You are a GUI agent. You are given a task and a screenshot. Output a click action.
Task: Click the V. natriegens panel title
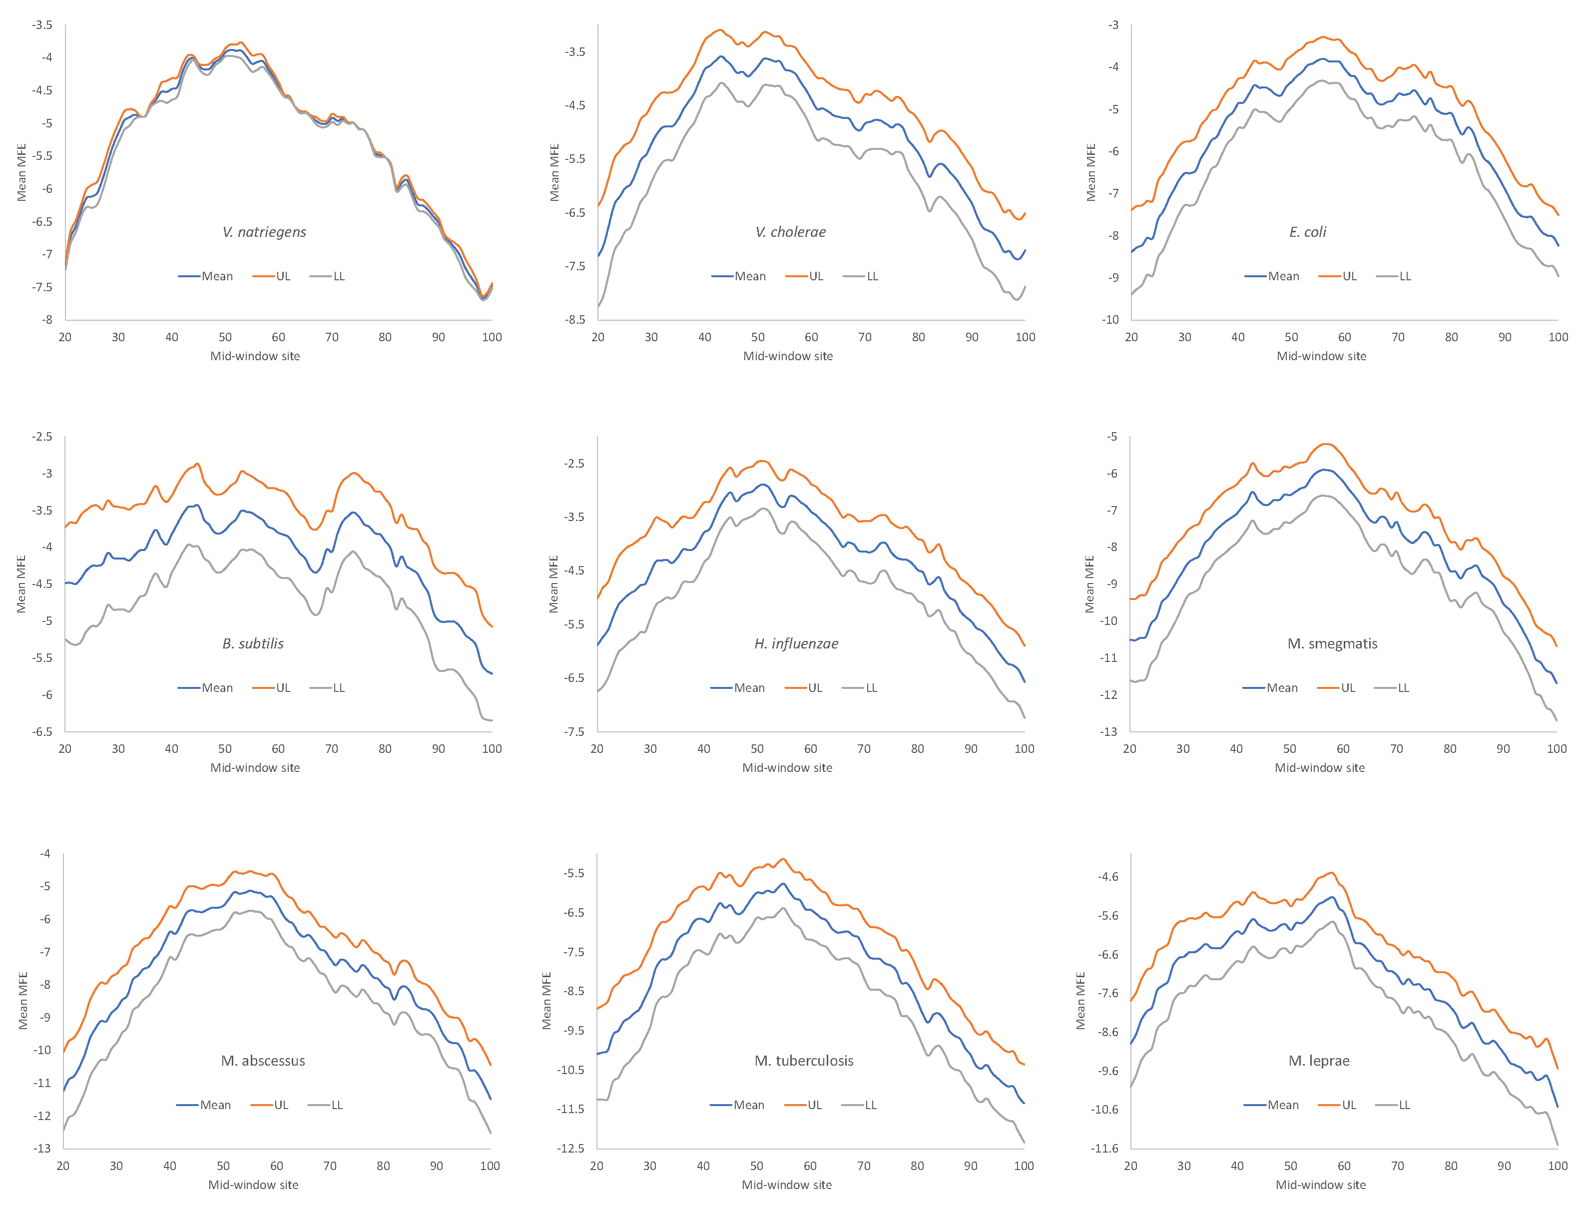(x=264, y=232)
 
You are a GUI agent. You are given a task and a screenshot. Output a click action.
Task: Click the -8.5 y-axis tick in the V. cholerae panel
(x=575, y=320)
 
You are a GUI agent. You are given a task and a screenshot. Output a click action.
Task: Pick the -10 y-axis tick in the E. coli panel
(x=1110, y=320)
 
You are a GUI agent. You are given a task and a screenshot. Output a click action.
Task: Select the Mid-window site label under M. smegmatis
(x=1319, y=767)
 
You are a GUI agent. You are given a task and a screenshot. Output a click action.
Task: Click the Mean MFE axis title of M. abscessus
(x=22, y=1001)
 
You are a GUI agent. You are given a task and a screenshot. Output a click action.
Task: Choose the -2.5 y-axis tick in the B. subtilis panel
(x=42, y=437)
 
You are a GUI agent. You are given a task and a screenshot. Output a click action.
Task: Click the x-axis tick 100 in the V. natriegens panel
(x=491, y=337)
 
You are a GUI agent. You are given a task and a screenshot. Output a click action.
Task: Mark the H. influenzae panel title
(x=796, y=643)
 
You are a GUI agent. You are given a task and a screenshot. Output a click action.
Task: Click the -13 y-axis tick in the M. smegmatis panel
(x=1108, y=731)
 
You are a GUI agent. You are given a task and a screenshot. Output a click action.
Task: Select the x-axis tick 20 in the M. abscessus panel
(x=63, y=1166)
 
